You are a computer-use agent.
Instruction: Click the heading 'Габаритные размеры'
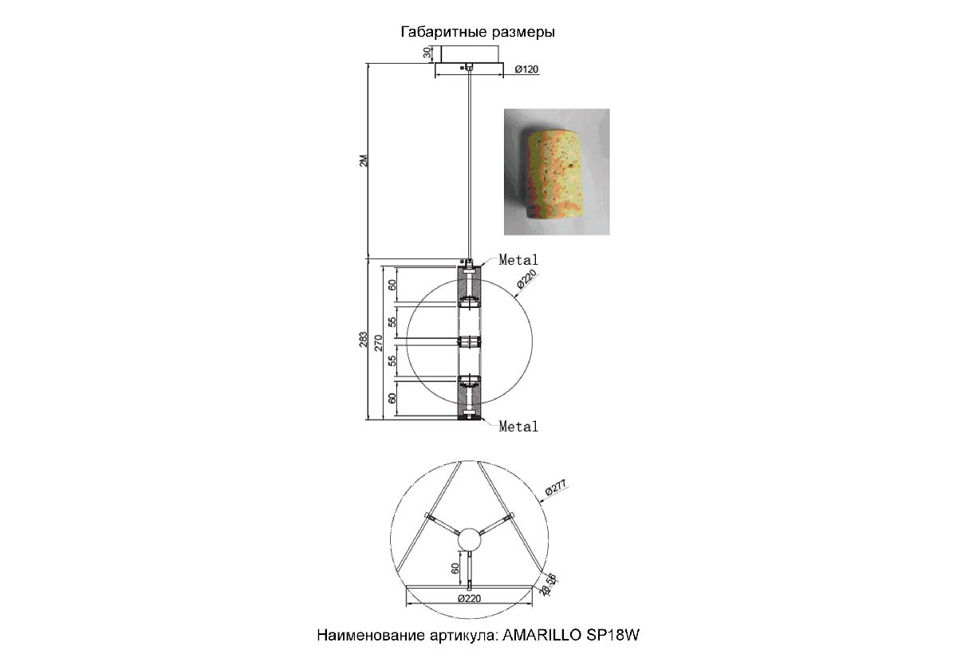pos(478,32)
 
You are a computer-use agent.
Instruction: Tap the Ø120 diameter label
pos(526,69)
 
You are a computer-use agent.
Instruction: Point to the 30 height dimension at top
pos(427,53)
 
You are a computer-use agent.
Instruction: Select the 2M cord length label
pos(363,160)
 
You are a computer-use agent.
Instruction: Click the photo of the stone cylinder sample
pos(557,171)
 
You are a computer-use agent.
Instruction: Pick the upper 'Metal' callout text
pos(518,260)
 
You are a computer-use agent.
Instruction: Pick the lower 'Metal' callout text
pos(518,426)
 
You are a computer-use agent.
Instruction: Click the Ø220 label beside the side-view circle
pos(526,278)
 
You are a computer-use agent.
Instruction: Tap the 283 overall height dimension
pos(363,339)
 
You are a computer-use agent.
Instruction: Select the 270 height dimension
pos(379,343)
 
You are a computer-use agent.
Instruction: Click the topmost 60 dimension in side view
pos(392,285)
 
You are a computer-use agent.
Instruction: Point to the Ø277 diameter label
pos(555,487)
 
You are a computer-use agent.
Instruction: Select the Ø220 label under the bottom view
pos(469,599)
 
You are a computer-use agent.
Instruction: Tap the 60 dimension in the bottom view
pos(455,569)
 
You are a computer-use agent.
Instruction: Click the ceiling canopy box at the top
pos(469,54)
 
